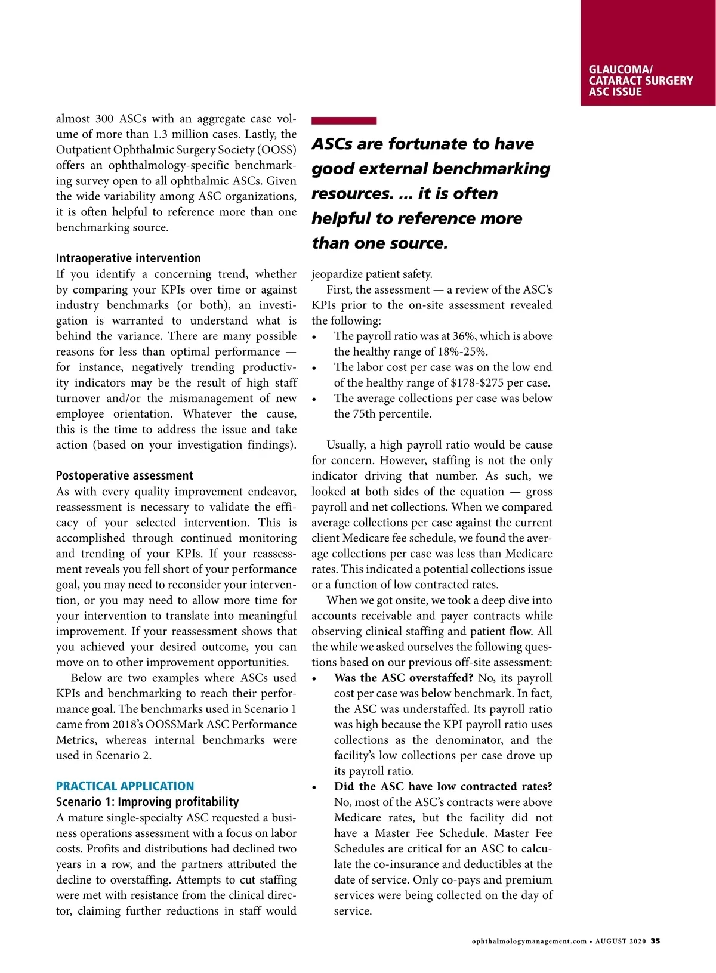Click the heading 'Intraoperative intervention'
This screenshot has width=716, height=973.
pos(128,258)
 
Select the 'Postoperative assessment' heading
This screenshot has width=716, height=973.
pos(125,475)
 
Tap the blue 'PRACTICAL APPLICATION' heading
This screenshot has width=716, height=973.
pos(125,786)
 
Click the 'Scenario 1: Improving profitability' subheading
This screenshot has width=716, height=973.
pos(147,802)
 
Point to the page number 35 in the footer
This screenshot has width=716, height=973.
pos(655,941)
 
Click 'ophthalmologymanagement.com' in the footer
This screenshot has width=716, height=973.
pos(529,941)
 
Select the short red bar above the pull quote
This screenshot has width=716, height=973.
pos(344,121)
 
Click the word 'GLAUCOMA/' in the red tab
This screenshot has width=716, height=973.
pos(620,69)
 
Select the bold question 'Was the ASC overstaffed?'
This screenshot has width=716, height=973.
pos(403,678)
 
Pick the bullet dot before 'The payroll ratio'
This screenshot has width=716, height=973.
pos(314,338)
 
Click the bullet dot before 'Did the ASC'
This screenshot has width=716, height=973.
pos(314,788)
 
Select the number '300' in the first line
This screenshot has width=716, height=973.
pos(104,119)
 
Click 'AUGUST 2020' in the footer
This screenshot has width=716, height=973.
pos(621,941)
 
